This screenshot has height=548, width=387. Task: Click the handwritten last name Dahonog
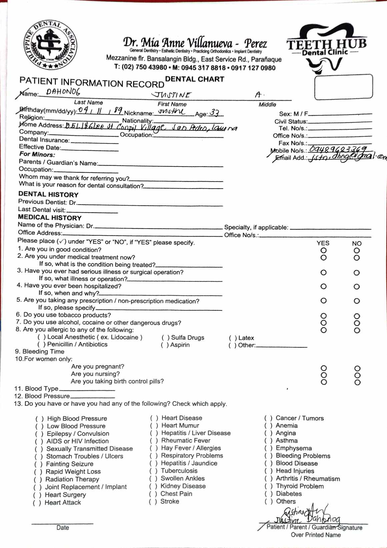pyautogui.click(x=63, y=92)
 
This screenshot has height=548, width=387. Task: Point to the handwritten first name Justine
pyautogui.click(x=172, y=95)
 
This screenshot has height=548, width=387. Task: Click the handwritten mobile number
pyautogui.click(x=337, y=149)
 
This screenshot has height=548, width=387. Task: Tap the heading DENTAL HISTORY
pyautogui.click(x=48, y=194)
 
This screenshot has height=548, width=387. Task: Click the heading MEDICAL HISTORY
pyautogui.click(x=50, y=218)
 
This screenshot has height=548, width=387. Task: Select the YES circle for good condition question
pyautogui.click(x=323, y=250)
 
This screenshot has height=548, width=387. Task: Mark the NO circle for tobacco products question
pyautogui.click(x=357, y=316)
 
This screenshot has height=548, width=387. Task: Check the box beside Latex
pyautogui.click(x=233, y=338)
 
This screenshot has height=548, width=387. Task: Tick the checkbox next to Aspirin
pyautogui.click(x=165, y=345)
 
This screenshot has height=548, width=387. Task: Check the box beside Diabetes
pyautogui.click(x=268, y=494)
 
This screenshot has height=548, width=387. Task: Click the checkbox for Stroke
pyautogui.click(x=153, y=502)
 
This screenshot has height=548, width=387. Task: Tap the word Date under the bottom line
pyautogui.click(x=63, y=528)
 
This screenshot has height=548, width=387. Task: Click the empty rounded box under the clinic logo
pyautogui.click(x=343, y=86)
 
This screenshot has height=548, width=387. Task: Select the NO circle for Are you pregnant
pyautogui.click(x=357, y=368)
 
